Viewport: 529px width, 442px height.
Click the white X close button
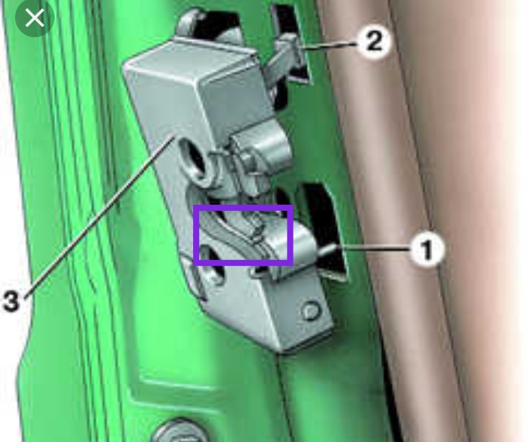[x=35, y=17]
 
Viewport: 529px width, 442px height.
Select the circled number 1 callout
[x=427, y=249]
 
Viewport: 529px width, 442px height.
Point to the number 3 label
[x=11, y=302]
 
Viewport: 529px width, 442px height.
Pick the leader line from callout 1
[x=373, y=249]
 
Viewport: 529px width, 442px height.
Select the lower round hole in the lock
[x=212, y=265]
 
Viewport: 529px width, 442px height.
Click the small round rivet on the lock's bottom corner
[x=311, y=311]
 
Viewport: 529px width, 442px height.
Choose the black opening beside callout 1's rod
[x=324, y=230]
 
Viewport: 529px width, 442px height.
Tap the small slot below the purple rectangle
[x=259, y=271]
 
